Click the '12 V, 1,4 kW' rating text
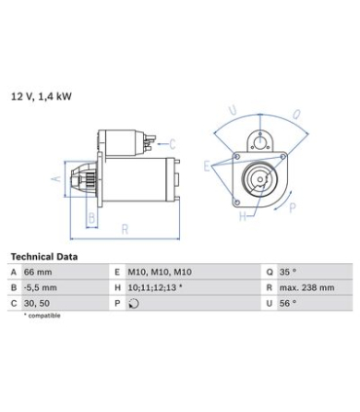(41, 96)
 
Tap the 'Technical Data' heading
(44, 257)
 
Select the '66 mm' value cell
(38, 272)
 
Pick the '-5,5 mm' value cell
(40, 287)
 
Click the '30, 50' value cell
(37, 303)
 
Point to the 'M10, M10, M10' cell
(160, 272)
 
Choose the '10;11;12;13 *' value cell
(155, 287)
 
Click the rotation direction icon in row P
(133, 304)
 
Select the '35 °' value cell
(288, 272)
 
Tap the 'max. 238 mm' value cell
(306, 287)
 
